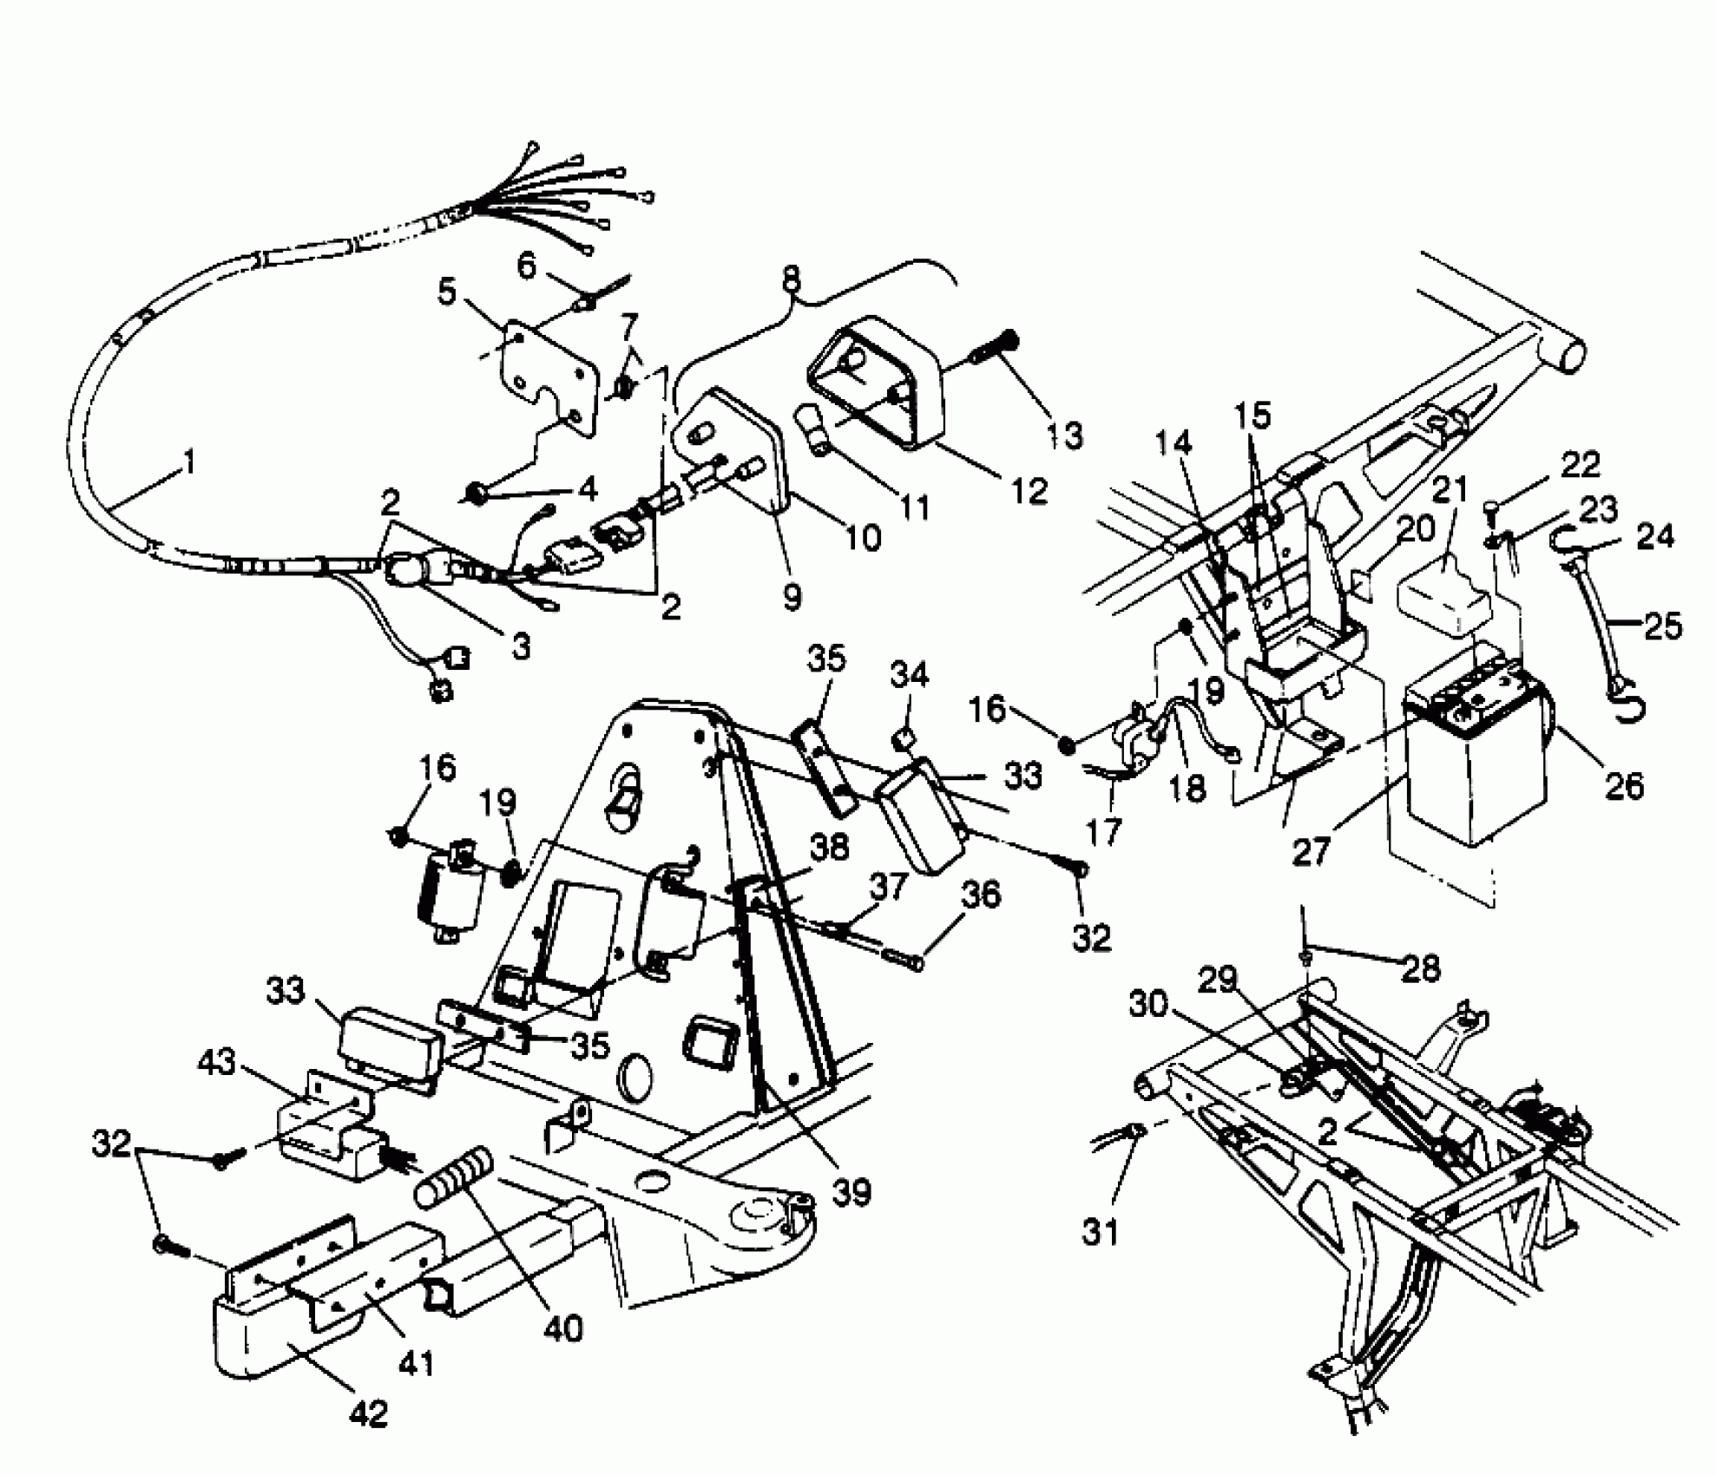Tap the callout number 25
pyautogui.click(x=1662, y=625)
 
